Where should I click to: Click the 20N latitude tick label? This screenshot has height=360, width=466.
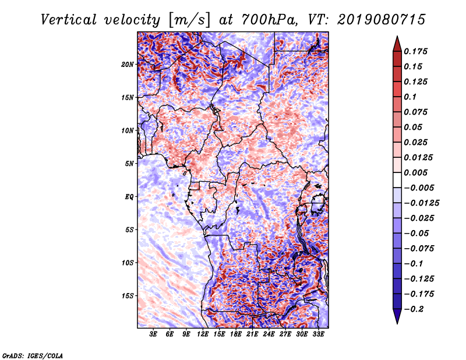(128, 64)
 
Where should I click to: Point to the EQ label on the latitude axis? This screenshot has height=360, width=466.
(129, 197)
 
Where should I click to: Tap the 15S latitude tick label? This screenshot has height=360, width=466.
(128, 296)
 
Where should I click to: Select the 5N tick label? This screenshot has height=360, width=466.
(129, 164)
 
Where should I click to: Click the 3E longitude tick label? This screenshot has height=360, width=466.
(154, 335)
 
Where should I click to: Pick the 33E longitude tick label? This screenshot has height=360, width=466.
(318, 335)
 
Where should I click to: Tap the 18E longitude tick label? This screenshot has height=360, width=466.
(236, 335)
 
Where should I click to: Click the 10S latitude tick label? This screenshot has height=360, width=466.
(128, 263)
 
